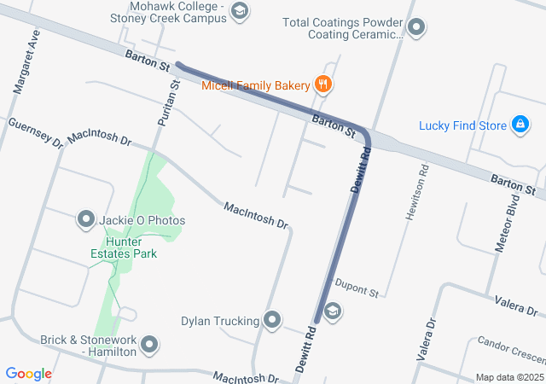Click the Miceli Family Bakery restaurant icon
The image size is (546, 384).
322,84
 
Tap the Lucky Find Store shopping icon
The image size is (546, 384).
520,125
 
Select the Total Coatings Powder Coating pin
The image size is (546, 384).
417,28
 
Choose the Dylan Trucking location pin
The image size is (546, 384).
272,321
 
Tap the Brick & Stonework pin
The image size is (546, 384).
150,346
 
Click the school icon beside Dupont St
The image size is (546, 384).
333,311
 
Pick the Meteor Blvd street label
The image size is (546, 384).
508,225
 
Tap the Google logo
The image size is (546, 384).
28,374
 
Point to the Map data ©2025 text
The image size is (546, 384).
508,377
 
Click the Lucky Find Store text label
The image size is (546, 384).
463,125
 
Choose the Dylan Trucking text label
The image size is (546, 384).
220,321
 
